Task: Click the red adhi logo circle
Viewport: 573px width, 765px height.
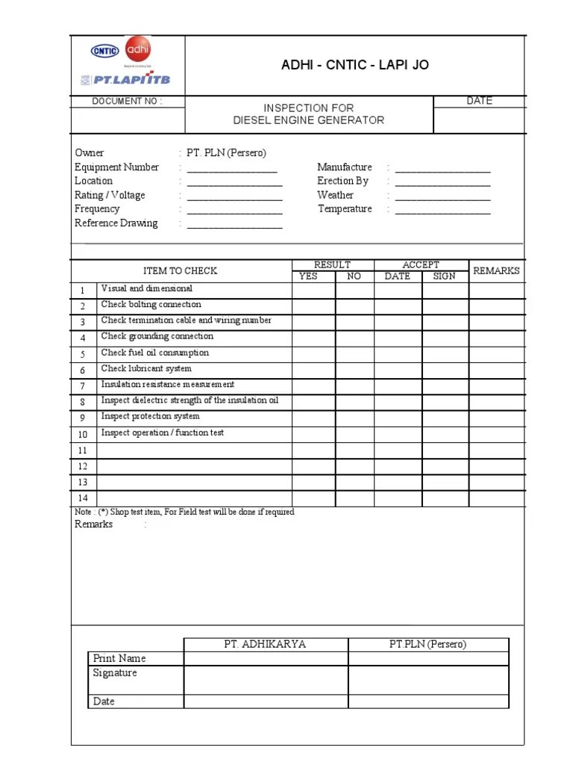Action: (x=138, y=51)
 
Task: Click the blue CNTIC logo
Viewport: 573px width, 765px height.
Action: (x=105, y=52)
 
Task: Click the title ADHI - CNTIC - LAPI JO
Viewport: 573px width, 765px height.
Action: (x=354, y=66)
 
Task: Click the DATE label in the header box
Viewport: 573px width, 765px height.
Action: (x=479, y=101)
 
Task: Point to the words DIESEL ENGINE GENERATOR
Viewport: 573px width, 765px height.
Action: (x=309, y=120)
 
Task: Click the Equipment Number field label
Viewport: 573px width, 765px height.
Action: (x=116, y=167)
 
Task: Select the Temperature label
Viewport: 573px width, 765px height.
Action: (x=345, y=209)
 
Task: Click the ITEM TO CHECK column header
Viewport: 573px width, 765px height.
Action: (x=180, y=271)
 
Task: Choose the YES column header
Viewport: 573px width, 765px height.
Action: (x=308, y=276)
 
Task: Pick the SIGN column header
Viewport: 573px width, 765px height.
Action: (x=444, y=276)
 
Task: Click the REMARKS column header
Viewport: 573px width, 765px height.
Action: (x=496, y=271)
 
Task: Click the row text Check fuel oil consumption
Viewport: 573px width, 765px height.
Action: (x=155, y=353)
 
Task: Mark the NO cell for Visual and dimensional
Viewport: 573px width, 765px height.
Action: (x=354, y=290)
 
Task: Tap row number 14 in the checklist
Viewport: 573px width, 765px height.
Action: (x=83, y=498)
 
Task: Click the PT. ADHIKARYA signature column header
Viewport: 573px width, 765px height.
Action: (x=266, y=645)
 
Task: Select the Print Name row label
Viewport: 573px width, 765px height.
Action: (x=119, y=659)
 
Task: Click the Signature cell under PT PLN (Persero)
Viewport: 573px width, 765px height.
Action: (x=428, y=680)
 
